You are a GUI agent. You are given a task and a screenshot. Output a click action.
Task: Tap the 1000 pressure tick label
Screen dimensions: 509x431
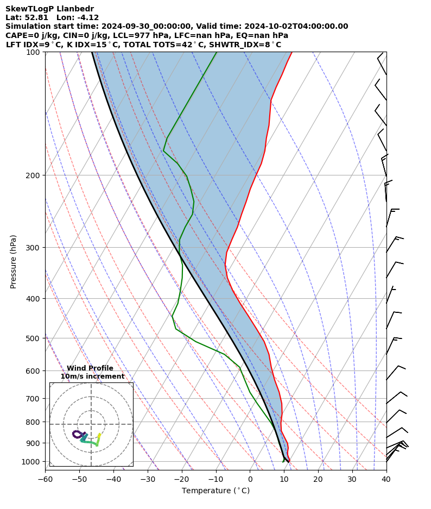pyautogui.click(x=31, y=462)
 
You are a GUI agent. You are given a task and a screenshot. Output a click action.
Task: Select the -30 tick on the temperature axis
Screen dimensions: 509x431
pyautogui.click(x=148, y=479)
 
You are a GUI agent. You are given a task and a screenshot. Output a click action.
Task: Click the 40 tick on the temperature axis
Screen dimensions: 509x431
pyautogui.click(x=386, y=479)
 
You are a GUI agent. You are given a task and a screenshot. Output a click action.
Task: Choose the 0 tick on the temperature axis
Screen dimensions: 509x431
pyautogui.click(x=250, y=479)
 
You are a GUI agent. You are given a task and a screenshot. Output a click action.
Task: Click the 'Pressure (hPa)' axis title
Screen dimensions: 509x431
pyautogui.click(x=14, y=261)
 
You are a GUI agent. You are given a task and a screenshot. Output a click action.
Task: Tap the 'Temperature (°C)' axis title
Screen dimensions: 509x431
pyautogui.click(x=215, y=491)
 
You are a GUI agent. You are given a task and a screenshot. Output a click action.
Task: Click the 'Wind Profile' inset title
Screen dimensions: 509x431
pyautogui.click(x=90, y=368)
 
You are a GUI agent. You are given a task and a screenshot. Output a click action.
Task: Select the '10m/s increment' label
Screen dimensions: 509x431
pyautogui.click(x=92, y=376)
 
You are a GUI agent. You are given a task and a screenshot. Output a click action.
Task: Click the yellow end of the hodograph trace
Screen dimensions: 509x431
pyautogui.click(x=99, y=435)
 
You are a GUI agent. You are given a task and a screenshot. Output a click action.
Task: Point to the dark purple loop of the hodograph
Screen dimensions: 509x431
pyautogui.click(x=78, y=434)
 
